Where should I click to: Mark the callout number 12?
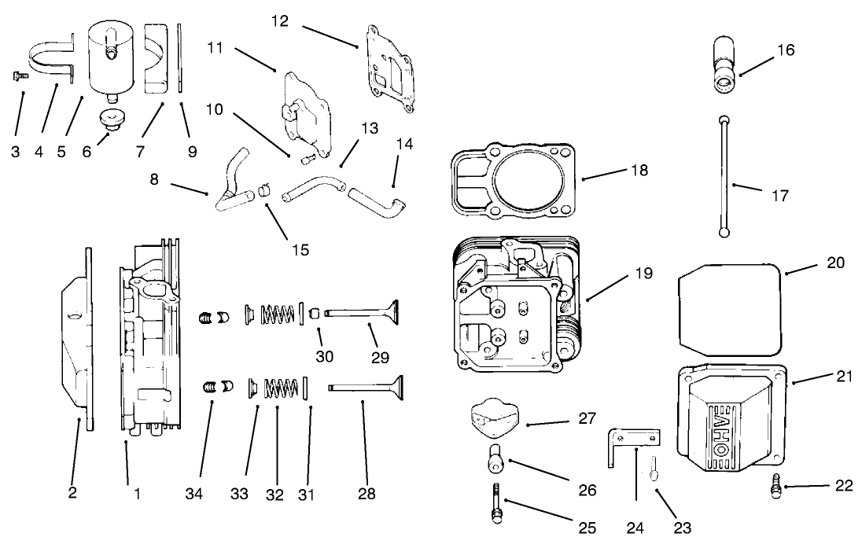[280, 22]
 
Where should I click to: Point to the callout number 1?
[138, 495]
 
